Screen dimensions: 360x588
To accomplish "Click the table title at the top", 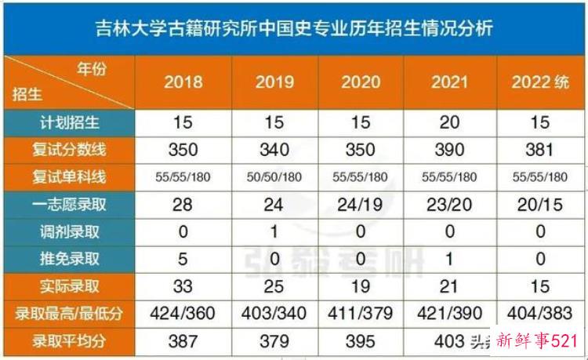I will tap(293, 28).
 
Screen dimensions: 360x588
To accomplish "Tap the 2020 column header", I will tap(361, 82).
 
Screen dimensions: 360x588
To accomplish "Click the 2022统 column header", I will tap(540, 82).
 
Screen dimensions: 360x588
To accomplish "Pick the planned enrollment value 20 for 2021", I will tap(449, 122).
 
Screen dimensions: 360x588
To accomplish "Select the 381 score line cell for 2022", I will tap(540, 150).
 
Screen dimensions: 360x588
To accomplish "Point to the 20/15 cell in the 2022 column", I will tap(540, 204).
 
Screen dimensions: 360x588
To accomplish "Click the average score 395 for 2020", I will tap(361, 341).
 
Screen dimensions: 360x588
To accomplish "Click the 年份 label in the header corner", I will tap(91, 69).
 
